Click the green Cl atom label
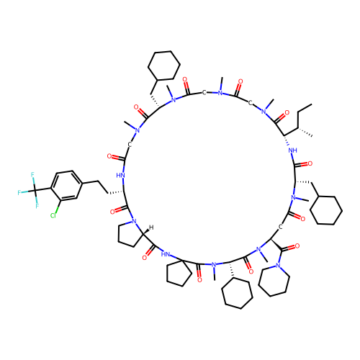tap(53, 215)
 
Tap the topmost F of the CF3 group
tap(32, 174)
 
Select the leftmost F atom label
tap(19, 192)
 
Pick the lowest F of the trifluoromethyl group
tap(37, 206)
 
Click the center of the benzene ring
tap(66, 185)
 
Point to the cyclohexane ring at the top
tap(164, 66)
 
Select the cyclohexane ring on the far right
tap(326, 210)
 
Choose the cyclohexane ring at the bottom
tap(237, 293)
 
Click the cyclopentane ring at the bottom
tap(179, 273)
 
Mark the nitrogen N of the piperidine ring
tap(278, 266)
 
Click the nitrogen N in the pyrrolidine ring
tap(134, 221)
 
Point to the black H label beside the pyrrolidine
tap(151, 228)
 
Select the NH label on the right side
tap(292, 150)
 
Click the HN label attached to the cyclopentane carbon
tap(166, 254)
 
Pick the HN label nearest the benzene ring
tap(120, 176)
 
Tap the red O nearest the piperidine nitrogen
tap(297, 246)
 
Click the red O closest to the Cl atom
tap(112, 212)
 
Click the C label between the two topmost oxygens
tap(204, 92)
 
